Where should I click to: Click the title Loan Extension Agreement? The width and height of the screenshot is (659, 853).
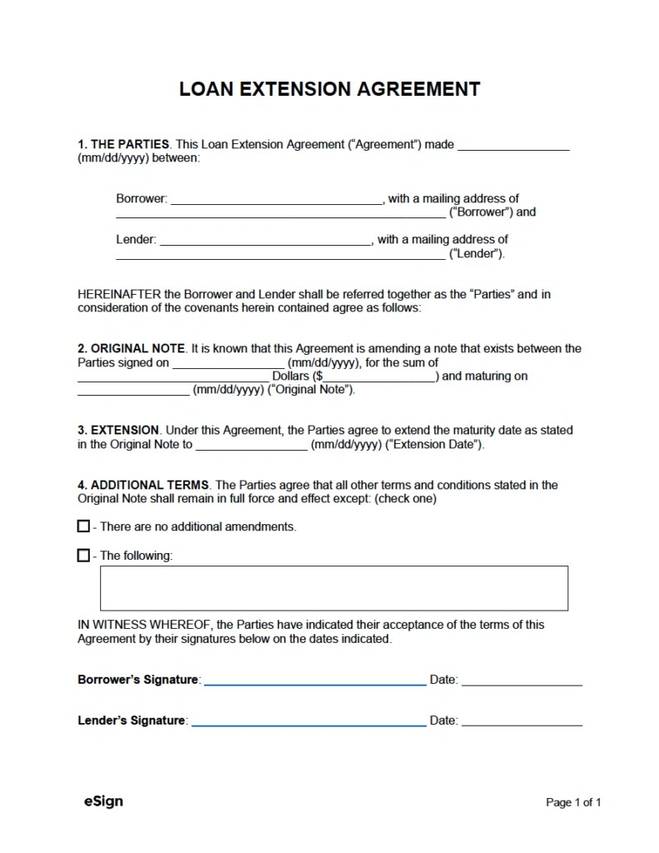[x=329, y=89]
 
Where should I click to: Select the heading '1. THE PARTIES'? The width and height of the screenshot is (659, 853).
[x=123, y=144]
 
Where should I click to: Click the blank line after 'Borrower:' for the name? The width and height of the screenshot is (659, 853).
[x=276, y=200]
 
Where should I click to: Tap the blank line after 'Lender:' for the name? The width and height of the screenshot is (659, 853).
[x=265, y=241]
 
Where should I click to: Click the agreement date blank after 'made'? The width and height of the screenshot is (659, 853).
[x=513, y=146]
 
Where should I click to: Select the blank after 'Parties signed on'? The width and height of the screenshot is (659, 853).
[x=227, y=364]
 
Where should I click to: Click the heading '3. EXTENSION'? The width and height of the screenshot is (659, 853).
[x=118, y=430]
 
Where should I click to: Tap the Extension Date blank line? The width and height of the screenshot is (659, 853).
[x=252, y=446]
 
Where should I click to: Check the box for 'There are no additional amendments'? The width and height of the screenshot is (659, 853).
[x=83, y=526]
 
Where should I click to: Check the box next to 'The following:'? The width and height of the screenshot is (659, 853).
[x=83, y=555]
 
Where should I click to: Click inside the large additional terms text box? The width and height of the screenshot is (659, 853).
[x=333, y=588]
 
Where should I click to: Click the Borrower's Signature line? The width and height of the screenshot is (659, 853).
[x=315, y=681]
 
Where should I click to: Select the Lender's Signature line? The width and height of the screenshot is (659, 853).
[x=308, y=721]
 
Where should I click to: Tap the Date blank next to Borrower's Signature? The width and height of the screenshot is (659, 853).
[x=522, y=681]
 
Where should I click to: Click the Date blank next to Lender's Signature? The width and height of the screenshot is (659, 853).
[x=522, y=721]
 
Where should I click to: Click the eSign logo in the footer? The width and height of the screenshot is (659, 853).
[x=103, y=801]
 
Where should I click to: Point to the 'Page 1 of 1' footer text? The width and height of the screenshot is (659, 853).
[x=573, y=802]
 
